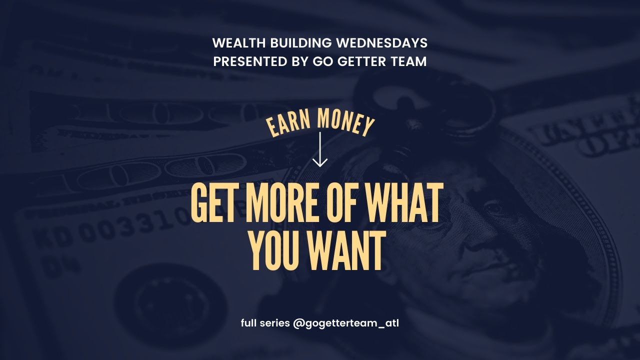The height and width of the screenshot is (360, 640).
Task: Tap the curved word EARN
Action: [282, 125]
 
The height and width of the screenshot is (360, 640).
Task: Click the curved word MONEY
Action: [345, 122]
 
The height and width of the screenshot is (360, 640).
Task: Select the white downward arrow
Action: [319, 150]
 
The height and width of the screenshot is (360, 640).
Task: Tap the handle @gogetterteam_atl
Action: [346, 323]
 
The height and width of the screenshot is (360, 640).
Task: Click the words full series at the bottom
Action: [265, 323]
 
